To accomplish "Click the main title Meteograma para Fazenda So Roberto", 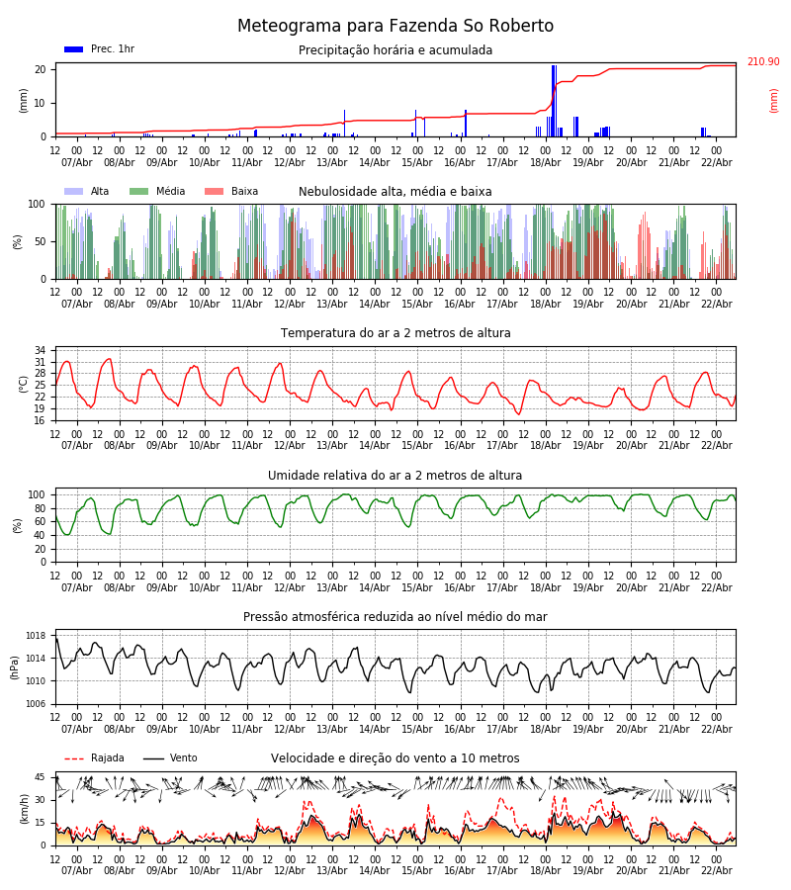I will click(x=395, y=27).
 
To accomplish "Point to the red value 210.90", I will click(x=762, y=62).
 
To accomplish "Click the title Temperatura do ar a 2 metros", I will click(x=395, y=334).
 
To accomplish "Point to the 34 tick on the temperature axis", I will click(x=41, y=350).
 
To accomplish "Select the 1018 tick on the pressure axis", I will click(x=36, y=636).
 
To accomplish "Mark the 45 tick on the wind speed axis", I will click(x=41, y=777).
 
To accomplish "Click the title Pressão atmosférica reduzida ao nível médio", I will click(x=395, y=617).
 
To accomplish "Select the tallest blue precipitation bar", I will click(x=554, y=100).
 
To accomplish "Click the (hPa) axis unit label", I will click(x=16, y=667).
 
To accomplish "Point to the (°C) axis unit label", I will click(x=23, y=384).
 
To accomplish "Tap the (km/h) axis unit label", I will click(x=23, y=809).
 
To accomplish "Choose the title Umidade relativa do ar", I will click(x=395, y=476).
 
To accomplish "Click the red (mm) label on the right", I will click(x=774, y=100).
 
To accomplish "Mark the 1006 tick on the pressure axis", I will click(x=36, y=704).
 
